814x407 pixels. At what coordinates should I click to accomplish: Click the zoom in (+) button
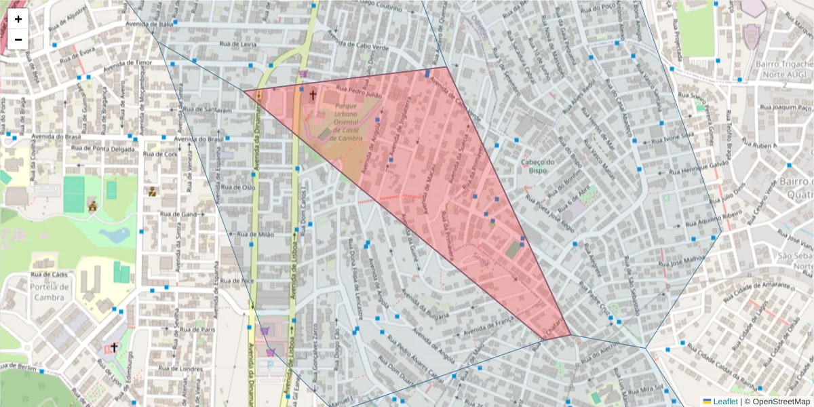pyautogui.click(x=18, y=19)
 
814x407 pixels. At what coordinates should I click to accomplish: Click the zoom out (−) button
pyautogui.click(x=18, y=39)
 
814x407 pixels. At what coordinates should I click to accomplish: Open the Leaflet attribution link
pyautogui.click(x=724, y=402)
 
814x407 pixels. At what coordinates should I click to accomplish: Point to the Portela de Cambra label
pyautogui.click(x=49, y=292)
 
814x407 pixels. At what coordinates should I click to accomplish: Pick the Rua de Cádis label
pyautogui.click(x=50, y=275)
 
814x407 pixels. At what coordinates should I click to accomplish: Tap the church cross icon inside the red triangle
pyautogui.click(x=313, y=94)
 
